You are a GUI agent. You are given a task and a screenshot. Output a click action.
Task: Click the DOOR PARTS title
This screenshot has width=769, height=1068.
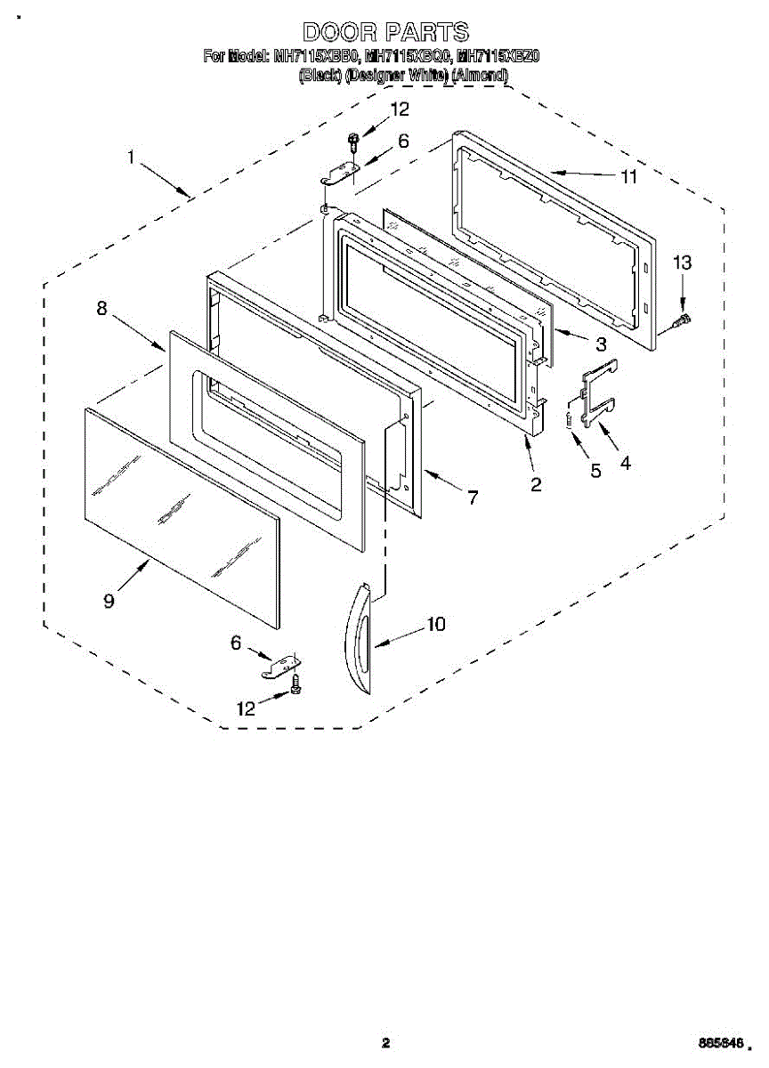tap(385, 33)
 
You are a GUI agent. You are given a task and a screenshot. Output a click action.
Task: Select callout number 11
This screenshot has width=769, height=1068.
tap(629, 176)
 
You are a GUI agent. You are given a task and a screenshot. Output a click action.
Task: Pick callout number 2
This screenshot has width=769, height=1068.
tap(536, 484)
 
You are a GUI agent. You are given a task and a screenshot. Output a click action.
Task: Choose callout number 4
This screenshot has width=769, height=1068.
tap(626, 463)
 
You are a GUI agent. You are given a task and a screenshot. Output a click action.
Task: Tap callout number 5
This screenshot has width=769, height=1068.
tap(596, 470)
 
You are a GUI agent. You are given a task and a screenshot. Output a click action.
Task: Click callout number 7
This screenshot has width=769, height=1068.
tap(472, 498)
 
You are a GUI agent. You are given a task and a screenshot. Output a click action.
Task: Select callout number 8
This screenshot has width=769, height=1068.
tap(101, 309)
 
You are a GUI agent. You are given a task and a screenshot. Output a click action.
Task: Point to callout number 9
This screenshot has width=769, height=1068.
tap(109, 601)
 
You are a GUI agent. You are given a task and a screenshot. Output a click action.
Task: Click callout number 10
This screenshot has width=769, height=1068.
tap(435, 624)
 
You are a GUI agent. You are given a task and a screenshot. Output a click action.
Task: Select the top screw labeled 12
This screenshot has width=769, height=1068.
tap(354, 139)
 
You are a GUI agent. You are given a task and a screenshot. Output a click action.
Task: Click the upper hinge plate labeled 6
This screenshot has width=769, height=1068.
tap(342, 172)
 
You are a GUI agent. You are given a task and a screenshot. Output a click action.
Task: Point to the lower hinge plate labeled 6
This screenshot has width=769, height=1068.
tap(283, 664)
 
